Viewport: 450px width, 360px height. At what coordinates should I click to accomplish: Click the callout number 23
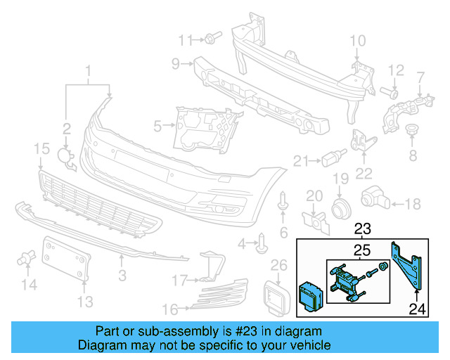[363, 229]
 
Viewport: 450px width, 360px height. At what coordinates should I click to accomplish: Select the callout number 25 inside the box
[361, 250]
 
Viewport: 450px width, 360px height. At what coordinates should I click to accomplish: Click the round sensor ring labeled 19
[341, 207]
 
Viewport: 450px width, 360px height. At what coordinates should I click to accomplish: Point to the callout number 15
[41, 148]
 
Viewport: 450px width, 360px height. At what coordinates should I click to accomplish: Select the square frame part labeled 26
[277, 296]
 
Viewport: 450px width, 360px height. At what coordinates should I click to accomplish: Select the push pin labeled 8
[413, 133]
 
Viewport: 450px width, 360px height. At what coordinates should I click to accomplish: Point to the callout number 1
[89, 71]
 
